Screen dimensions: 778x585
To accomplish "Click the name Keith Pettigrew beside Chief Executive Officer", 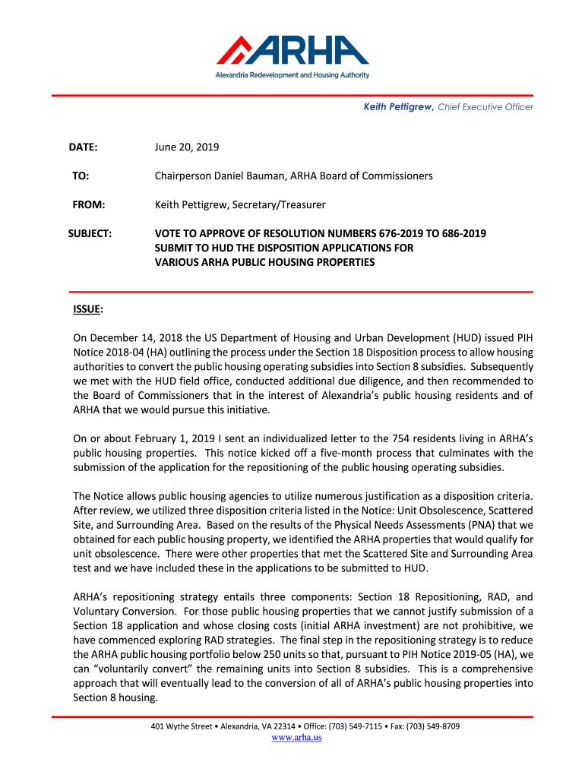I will point(397,107).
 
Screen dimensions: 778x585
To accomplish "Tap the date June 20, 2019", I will point(187,147).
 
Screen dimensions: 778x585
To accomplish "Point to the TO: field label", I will point(81,176).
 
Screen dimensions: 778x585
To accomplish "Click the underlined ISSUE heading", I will point(87,309).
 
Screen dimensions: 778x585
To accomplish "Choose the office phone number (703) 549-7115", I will point(356,726).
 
